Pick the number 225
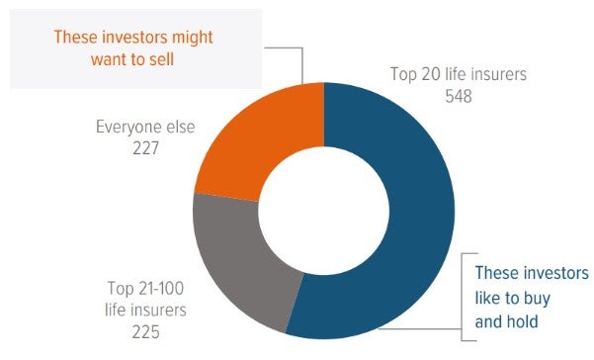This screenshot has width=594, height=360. [144, 331]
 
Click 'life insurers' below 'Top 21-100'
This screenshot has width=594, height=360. [144, 310]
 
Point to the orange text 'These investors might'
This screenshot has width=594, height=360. [132, 37]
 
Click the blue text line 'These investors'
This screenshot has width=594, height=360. [531, 273]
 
